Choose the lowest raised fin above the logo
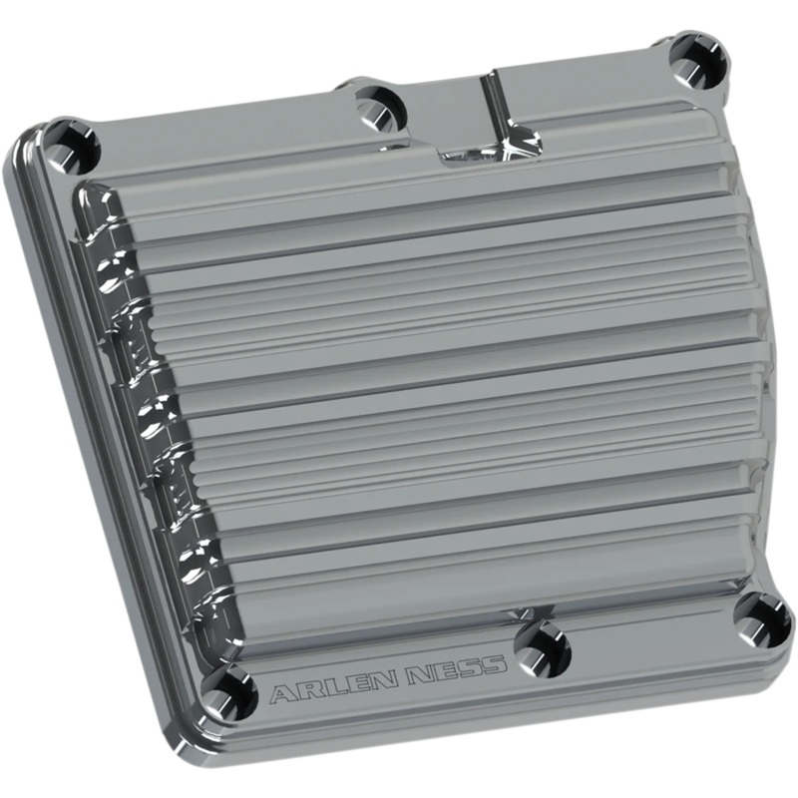point(449,579)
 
